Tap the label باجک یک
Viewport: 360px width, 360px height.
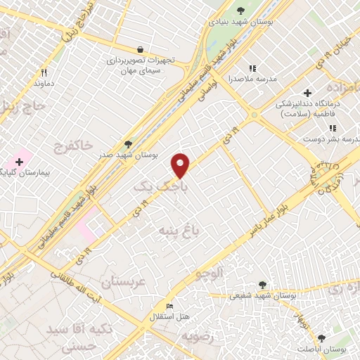(151, 187)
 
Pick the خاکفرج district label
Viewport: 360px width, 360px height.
(72, 145)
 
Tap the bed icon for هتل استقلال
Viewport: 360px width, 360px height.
(169, 307)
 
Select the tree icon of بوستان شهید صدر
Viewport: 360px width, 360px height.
(127, 143)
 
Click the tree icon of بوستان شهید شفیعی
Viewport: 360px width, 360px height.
(262, 284)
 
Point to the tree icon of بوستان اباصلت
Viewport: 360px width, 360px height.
(321, 337)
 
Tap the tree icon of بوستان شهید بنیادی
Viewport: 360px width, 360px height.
(241, 10)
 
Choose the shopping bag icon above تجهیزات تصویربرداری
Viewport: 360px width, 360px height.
(141, 49)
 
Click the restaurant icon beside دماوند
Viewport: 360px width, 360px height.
(44, 72)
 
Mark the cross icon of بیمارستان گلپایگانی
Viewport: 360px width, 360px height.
(19, 162)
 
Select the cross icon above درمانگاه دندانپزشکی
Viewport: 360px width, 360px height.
(307, 93)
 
